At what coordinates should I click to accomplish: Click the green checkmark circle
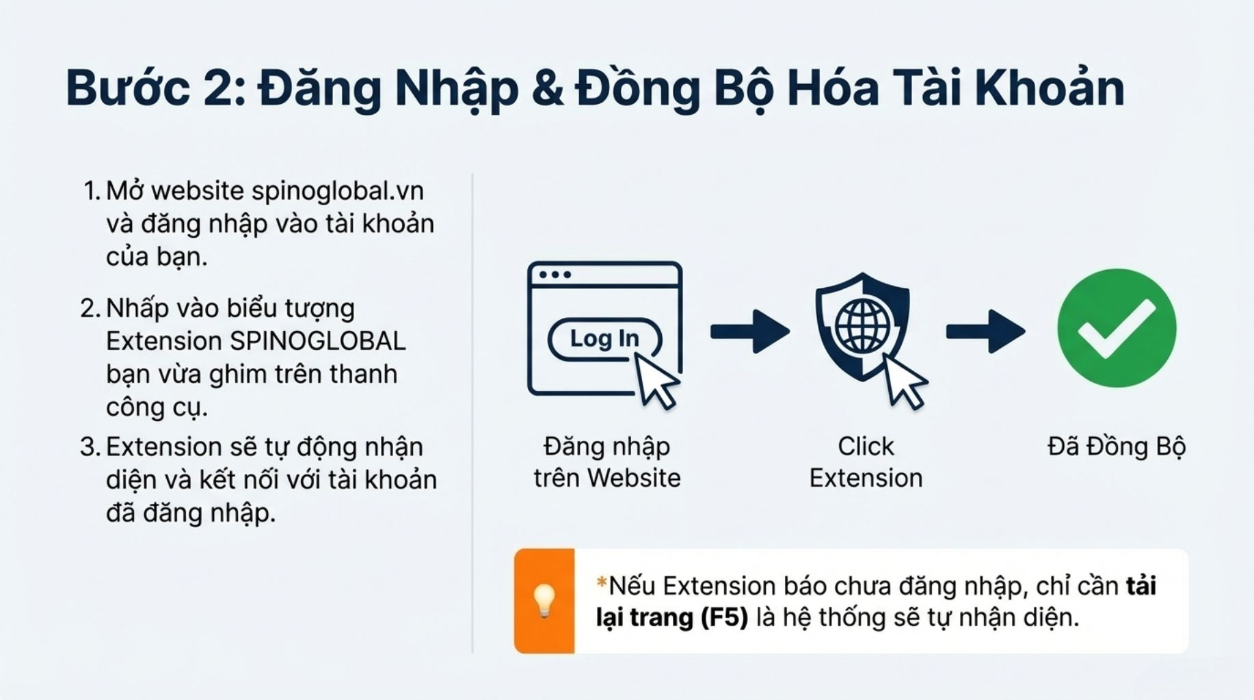tap(1117, 328)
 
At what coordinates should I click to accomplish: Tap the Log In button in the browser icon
tap(604, 338)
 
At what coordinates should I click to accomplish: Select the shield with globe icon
tap(862, 326)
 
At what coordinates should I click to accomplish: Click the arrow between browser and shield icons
tap(750, 332)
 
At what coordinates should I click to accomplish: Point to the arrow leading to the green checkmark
tap(985, 332)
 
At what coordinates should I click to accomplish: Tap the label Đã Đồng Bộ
tap(1117, 447)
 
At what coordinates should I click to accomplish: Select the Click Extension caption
tap(866, 462)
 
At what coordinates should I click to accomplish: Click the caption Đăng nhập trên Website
tap(607, 462)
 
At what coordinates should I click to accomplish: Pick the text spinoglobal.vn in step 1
tap(338, 191)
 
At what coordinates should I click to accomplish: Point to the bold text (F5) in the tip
tap(725, 618)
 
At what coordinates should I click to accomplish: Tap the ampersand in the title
tap(546, 89)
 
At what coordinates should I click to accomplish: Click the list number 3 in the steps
tap(88, 447)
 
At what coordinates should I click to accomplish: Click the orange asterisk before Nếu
tap(602, 583)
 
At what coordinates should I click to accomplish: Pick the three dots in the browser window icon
tap(555, 275)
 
